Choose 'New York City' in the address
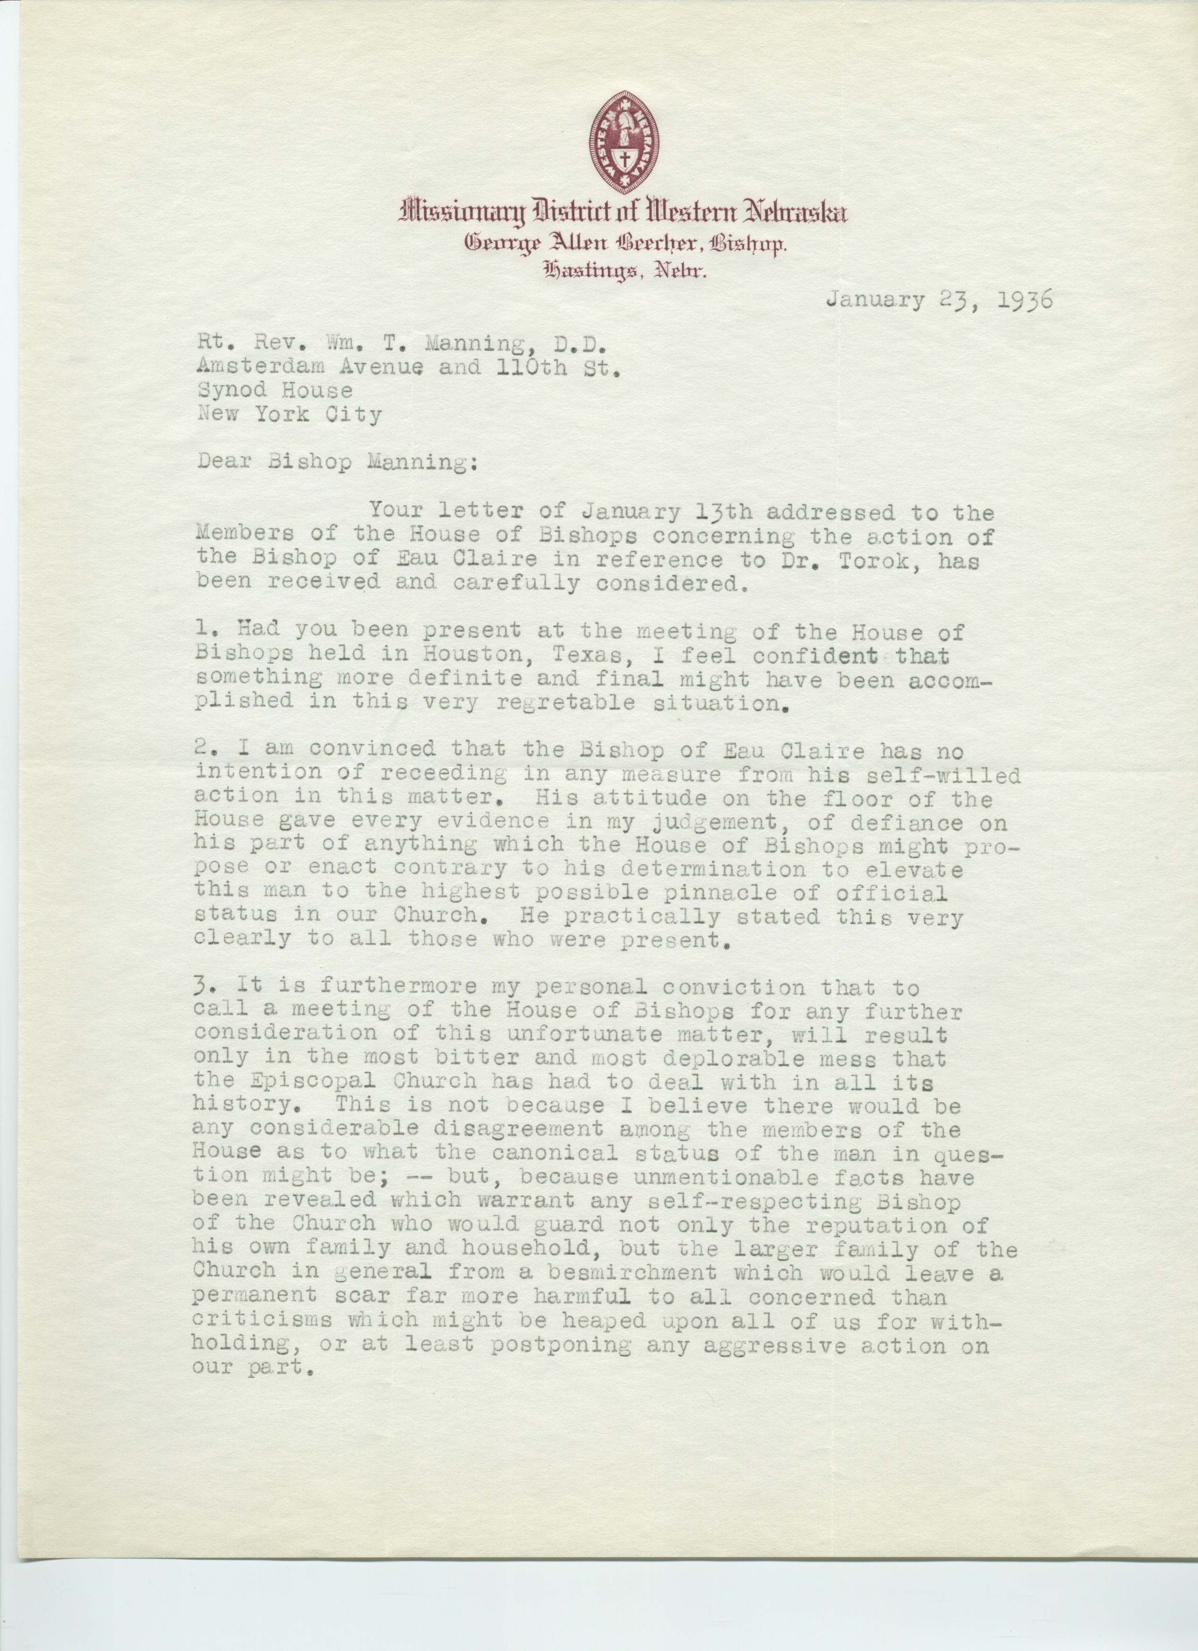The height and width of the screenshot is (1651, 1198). click(x=289, y=415)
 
